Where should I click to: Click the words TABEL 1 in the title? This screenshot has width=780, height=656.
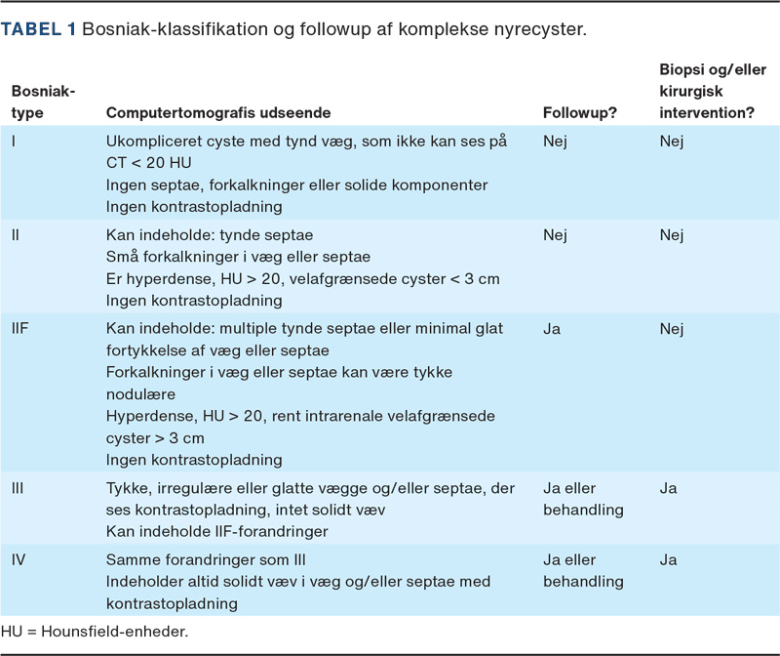tap(39, 29)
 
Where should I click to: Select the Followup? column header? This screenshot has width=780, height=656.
tap(579, 113)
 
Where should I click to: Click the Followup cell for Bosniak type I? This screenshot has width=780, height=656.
tap(555, 142)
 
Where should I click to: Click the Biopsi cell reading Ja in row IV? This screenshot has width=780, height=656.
tap(668, 560)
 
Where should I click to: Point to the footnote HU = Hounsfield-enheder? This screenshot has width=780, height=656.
tap(95, 632)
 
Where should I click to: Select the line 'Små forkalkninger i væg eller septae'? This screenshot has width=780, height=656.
tap(238, 258)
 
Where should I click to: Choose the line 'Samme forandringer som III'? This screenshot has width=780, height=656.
tap(206, 560)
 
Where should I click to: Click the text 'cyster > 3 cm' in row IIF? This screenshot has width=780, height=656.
tap(152, 438)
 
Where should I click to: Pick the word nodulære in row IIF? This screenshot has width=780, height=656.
tap(140, 394)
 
